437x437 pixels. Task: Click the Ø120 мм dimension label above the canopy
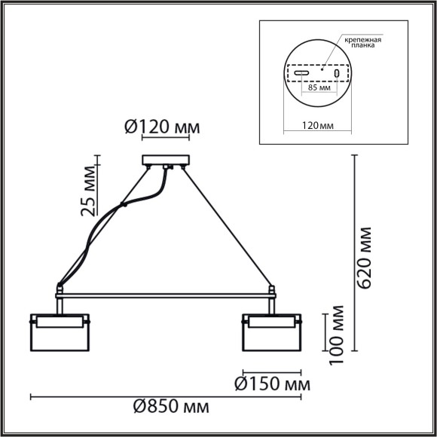point(161,127)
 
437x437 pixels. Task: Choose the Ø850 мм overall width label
point(172,408)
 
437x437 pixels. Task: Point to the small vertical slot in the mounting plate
point(337,74)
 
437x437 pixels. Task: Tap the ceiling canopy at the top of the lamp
point(167,160)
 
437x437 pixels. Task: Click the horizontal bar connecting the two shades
point(166,294)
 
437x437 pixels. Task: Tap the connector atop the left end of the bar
point(59,289)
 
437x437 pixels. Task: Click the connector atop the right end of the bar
point(272,289)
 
